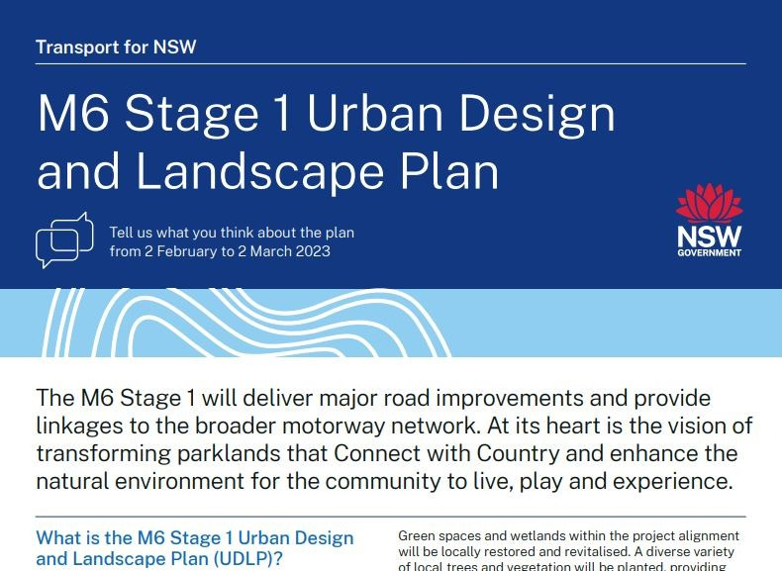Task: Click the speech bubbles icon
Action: pyautogui.click(x=63, y=239)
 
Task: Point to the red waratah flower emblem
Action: pyautogui.click(x=709, y=203)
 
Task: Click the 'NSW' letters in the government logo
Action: pyautogui.click(x=709, y=238)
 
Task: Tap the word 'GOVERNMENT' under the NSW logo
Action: pyautogui.click(x=709, y=254)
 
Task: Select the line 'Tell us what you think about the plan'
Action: pyautogui.click(x=232, y=233)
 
